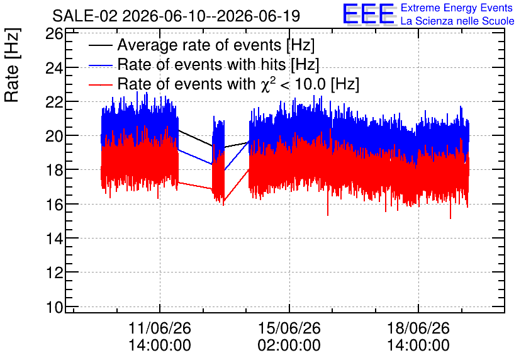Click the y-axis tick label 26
pyautogui.click(x=54, y=33)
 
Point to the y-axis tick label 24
pyautogui.click(x=54, y=68)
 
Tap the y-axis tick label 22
pyautogui.click(x=54, y=102)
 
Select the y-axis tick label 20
pyautogui.click(x=54, y=136)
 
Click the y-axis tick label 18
pyautogui.click(x=54, y=170)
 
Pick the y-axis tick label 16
pyautogui.click(x=54, y=205)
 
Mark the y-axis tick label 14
pyautogui.click(x=54, y=239)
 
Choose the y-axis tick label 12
pyautogui.click(x=54, y=273)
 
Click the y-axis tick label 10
pyautogui.click(x=54, y=307)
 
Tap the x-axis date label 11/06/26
pyautogui.click(x=160, y=328)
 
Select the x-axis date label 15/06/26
pyautogui.click(x=289, y=328)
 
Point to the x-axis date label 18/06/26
pyautogui.click(x=418, y=328)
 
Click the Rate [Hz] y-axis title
pyautogui.click(x=12, y=65)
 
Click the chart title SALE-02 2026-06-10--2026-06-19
pyautogui.click(x=176, y=16)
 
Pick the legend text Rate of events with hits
pyautogui.click(x=202, y=64)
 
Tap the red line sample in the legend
pyautogui.click(x=100, y=84)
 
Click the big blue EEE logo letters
pyautogui.click(x=369, y=14)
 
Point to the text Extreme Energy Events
pyautogui.click(x=457, y=8)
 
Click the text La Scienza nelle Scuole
pyautogui.click(x=457, y=21)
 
